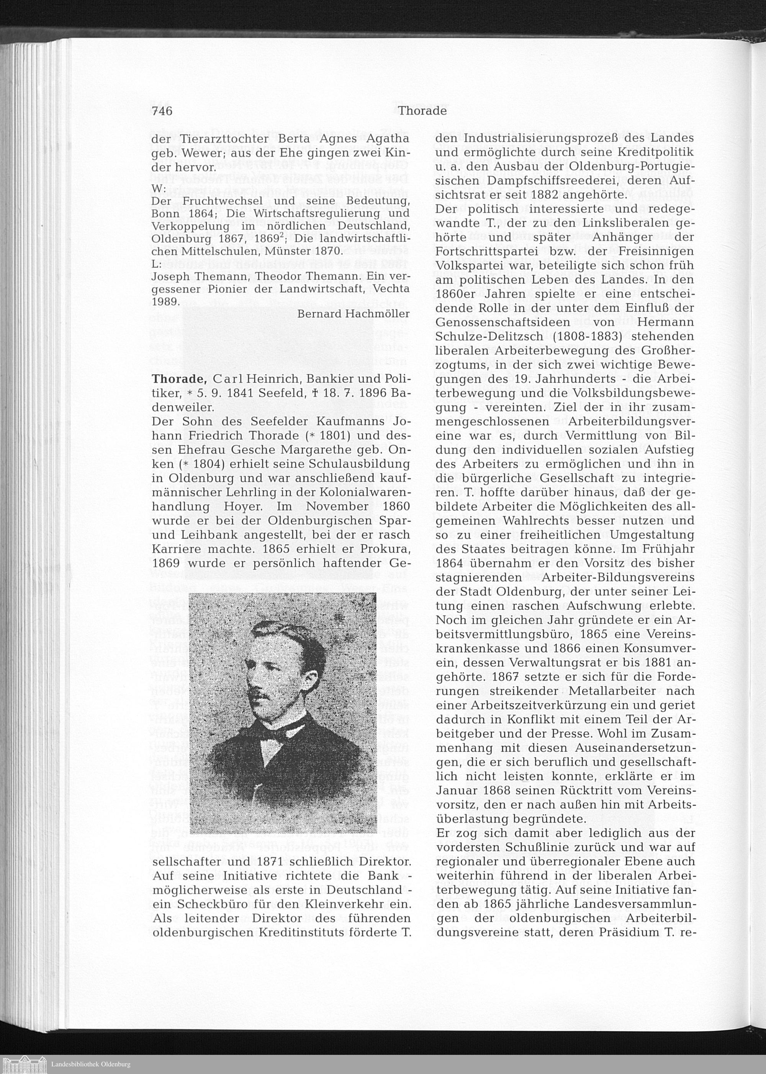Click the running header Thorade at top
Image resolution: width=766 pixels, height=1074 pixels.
pyautogui.click(x=422, y=111)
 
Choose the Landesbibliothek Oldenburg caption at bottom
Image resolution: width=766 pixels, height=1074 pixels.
pyautogui.click(x=90, y=1064)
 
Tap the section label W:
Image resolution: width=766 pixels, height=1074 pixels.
pyautogui.click(x=158, y=188)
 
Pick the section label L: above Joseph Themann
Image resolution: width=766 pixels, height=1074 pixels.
pyautogui.click(x=157, y=265)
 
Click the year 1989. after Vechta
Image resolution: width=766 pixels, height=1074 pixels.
pyautogui.click(x=165, y=301)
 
